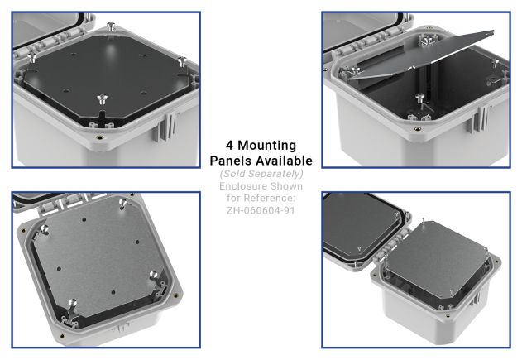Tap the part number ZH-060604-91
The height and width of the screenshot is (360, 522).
tap(261, 210)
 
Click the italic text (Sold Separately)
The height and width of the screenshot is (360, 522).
tap(261, 174)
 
